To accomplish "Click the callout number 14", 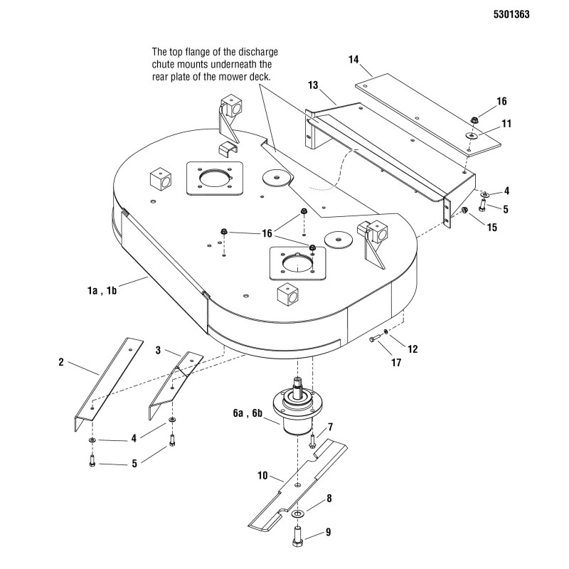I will [353, 61].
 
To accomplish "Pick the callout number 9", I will [329, 531].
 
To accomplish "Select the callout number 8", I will [329, 499].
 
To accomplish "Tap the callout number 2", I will [61, 362].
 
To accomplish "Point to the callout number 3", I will [159, 350].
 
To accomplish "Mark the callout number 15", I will [491, 228].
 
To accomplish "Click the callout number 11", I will [506, 123].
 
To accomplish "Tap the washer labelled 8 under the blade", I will [297, 512].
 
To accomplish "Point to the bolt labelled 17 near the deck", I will [375, 340].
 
